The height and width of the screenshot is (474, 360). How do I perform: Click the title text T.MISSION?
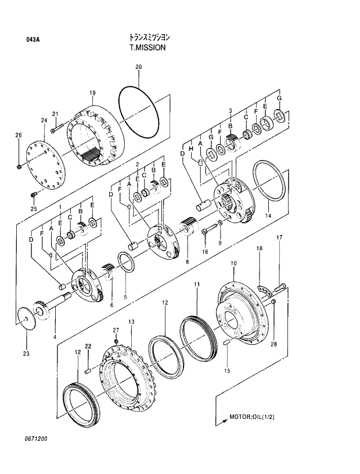[147, 48]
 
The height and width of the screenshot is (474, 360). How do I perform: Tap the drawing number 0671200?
[35, 439]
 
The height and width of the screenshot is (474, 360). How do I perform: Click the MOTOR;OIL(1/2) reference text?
[253, 417]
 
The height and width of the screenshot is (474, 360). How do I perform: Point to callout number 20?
[138, 67]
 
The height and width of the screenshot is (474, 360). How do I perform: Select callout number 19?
[92, 93]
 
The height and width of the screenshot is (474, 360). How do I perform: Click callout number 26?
[18, 136]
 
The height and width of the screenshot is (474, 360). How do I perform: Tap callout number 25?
[33, 209]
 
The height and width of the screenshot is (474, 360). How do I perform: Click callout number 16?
[204, 251]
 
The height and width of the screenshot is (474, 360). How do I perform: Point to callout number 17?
[279, 237]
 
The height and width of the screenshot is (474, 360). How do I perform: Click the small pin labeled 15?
[226, 344]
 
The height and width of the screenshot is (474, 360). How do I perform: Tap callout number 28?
[273, 343]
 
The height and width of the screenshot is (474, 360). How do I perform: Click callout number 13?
[131, 321]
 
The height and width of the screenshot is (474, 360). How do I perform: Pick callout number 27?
[116, 330]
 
